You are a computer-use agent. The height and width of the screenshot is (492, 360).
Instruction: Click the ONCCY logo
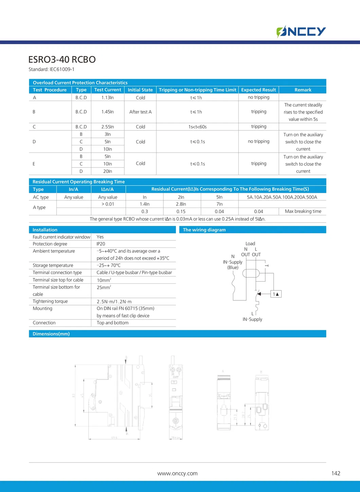tap(301, 32)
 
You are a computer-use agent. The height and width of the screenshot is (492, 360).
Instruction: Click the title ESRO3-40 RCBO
tap(62, 59)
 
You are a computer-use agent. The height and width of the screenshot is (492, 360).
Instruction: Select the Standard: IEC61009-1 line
tap(51, 69)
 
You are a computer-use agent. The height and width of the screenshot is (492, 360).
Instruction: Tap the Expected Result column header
tap(258, 90)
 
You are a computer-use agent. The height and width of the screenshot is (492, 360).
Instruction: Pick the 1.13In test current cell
tap(107, 98)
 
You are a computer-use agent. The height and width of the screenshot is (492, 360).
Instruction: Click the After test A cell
tap(140, 112)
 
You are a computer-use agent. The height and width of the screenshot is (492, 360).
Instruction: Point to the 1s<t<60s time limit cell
tap(197, 127)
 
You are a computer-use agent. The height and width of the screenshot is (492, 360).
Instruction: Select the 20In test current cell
tap(107, 171)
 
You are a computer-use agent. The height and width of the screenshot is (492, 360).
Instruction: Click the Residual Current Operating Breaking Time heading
tap(78, 182)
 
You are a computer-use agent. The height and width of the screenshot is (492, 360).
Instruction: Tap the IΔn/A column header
tap(107, 189)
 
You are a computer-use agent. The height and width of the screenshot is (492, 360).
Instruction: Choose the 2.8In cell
tap(181, 204)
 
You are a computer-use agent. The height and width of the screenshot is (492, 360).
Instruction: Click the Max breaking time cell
tap(303, 211)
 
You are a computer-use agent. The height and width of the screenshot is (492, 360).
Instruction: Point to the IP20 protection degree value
tap(101, 244)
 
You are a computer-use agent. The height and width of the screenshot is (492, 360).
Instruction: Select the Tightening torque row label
tap(50, 301)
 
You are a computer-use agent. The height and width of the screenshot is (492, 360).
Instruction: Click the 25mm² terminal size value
tap(104, 287)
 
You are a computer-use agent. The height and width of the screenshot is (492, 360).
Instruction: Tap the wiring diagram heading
tap(204, 230)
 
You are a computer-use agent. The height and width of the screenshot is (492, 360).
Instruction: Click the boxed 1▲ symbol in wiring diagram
tap(276, 294)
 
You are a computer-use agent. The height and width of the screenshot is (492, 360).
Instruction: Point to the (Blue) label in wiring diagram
tap(233, 267)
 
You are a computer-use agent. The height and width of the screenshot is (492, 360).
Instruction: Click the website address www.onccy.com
tap(177, 473)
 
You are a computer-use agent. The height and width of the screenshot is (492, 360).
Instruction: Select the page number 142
tap(336, 473)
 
